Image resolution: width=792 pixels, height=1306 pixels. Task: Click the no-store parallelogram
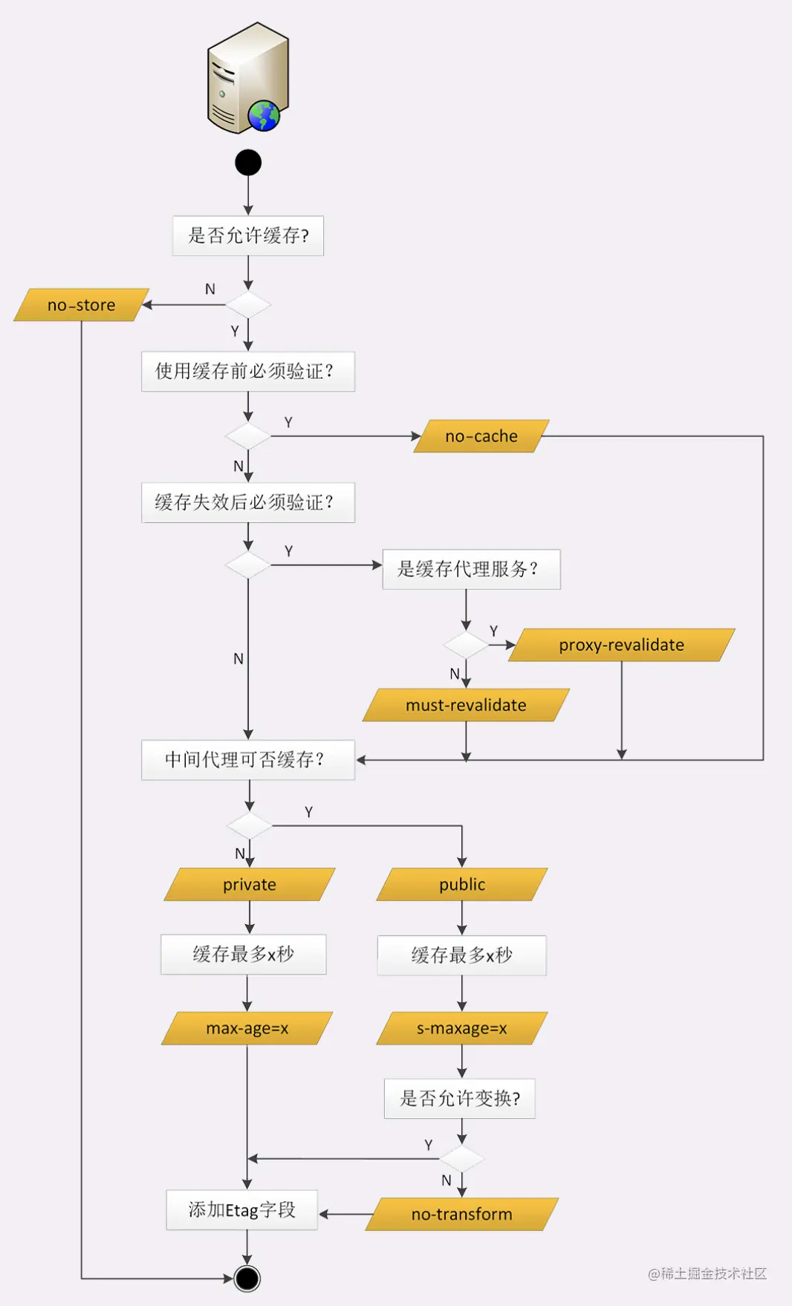point(82,305)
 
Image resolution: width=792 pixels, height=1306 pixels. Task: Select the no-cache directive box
point(481,436)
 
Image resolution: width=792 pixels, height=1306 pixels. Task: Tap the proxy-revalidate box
point(622,645)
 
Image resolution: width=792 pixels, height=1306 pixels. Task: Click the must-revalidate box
point(466,705)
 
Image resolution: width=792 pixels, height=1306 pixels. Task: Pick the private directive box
point(250,884)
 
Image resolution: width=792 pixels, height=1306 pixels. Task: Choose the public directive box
point(462,884)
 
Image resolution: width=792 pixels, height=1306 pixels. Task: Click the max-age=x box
point(247,1028)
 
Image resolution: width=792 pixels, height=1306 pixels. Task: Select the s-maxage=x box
point(462,1028)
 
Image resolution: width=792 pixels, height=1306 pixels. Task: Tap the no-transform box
point(462,1214)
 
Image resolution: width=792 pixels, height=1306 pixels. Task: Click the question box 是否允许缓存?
point(248,235)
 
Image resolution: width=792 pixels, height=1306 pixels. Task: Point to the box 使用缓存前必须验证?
point(248,371)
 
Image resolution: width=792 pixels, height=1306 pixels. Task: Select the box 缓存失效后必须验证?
point(248,502)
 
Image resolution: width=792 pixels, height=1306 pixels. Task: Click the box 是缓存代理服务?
point(471,569)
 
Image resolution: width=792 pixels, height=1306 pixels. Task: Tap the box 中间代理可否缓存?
point(248,759)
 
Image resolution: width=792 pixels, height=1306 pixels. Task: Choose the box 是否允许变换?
point(460,1098)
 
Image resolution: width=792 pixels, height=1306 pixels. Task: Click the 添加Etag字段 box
point(242,1210)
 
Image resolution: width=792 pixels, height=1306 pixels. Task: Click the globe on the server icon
point(264,116)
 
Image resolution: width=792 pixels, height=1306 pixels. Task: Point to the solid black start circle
point(248,163)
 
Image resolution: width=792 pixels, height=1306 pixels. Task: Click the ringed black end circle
point(247,1279)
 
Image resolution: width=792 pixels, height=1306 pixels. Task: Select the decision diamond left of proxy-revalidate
point(466,645)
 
